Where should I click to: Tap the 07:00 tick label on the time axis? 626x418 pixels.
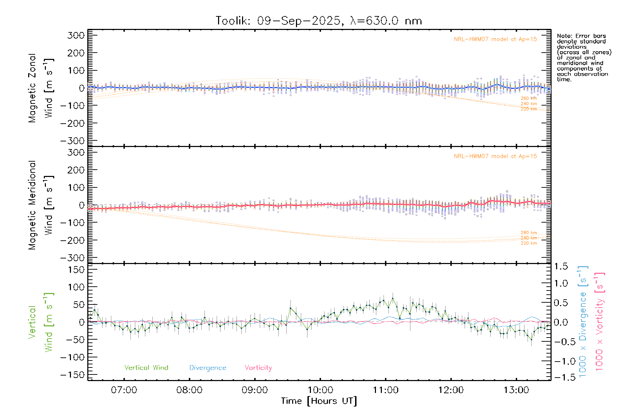124,390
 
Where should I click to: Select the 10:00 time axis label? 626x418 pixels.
320,390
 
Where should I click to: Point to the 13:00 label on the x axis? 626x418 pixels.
516,390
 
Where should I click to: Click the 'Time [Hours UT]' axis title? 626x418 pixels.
319,401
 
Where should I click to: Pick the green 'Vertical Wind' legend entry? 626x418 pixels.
146,368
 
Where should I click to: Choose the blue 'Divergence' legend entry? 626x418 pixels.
208,368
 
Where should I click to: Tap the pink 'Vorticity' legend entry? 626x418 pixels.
258,368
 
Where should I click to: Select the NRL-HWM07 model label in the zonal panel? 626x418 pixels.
495,39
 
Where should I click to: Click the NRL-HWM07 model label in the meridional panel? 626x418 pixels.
495,156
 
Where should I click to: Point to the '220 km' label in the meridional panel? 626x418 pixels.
529,243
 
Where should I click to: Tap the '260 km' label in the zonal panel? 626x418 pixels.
529,98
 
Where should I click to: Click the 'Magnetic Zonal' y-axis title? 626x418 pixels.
32,88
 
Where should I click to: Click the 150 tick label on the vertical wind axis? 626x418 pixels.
77,270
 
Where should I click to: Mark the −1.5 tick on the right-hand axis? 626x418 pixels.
561,377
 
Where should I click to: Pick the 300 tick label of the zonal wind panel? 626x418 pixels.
77,36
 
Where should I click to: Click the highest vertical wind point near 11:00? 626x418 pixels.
393,299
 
